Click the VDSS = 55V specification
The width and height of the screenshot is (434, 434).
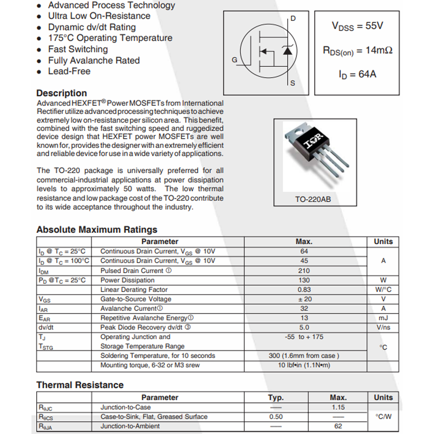(357, 26)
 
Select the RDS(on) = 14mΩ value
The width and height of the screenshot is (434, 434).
(357, 51)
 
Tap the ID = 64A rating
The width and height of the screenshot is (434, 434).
(357, 74)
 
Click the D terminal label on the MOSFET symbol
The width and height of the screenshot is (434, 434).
(293, 18)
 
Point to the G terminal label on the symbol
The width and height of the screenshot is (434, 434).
(234, 60)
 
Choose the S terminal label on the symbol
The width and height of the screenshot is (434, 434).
(293, 83)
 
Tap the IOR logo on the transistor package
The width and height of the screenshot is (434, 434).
(313, 141)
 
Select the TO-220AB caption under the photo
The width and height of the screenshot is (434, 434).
(313, 199)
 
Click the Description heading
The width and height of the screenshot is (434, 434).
(61, 93)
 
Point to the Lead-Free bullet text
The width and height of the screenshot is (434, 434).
(69, 71)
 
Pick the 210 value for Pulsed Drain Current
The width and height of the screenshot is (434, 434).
(304, 271)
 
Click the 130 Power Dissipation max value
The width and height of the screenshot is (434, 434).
(304, 280)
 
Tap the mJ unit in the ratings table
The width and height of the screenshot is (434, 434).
(383, 318)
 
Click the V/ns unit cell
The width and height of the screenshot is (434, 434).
(383, 327)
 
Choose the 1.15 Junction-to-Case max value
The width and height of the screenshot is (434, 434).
(338, 407)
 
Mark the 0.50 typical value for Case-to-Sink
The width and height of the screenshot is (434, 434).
(276, 417)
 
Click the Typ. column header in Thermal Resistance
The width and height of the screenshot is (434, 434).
(276, 397)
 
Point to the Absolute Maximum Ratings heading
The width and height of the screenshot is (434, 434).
(97, 230)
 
